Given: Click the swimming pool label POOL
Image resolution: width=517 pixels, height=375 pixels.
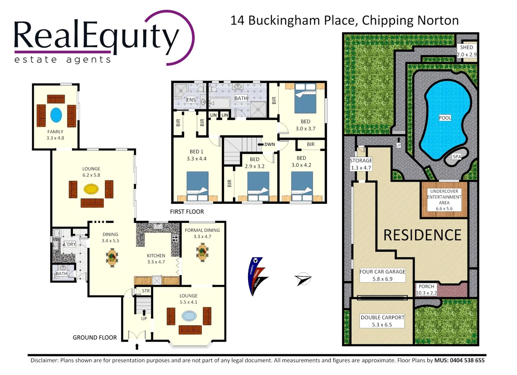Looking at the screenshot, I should (445, 118).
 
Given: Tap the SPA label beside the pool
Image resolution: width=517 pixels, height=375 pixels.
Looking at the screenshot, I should (457, 157).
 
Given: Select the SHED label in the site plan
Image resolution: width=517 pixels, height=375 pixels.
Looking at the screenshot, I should (466, 47).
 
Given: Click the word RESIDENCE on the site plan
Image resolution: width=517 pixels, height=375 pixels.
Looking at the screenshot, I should (422, 235).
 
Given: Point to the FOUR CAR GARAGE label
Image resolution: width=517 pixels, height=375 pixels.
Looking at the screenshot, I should (382, 272).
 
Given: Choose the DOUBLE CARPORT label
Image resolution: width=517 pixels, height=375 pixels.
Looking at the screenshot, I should (382, 317).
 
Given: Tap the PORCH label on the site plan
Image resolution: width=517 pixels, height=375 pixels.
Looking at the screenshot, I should (426, 286).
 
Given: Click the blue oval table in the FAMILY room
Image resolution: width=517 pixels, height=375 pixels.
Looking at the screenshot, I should (56, 115).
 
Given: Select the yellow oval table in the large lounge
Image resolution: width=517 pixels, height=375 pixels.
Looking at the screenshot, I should (91, 189).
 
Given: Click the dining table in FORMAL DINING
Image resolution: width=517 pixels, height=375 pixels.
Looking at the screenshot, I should (202, 252).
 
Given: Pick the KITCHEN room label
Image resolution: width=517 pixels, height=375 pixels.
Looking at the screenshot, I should (156, 256).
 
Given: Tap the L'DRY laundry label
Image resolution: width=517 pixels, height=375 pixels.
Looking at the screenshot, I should (70, 244).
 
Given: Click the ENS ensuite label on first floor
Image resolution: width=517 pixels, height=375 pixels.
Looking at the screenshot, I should (191, 100).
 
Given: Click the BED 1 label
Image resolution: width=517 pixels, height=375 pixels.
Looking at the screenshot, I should (197, 151).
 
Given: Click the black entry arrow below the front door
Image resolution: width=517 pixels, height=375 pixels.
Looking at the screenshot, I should (137, 347).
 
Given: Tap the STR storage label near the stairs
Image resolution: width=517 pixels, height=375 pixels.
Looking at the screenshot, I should (146, 291).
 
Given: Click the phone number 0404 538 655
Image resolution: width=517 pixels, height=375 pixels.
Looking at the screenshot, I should (467, 360).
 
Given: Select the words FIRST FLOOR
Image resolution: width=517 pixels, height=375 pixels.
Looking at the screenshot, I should (187, 211).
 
